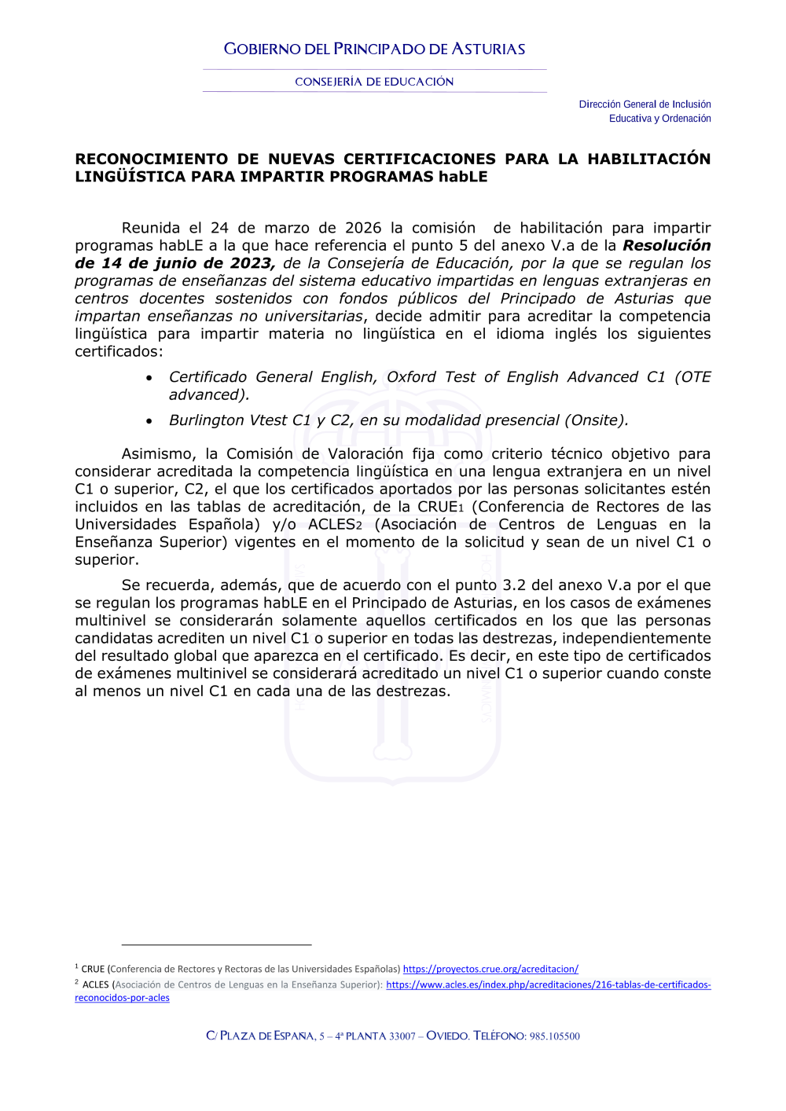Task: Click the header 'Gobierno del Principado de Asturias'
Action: click(x=374, y=49)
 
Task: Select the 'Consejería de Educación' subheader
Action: click(x=374, y=82)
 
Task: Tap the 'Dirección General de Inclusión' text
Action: click(x=645, y=104)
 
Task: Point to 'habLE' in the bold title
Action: click(x=463, y=177)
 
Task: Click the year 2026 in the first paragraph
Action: click(x=363, y=228)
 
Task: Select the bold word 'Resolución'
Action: click(x=667, y=246)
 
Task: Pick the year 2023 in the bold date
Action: click(x=251, y=263)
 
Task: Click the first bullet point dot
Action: click(x=149, y=378)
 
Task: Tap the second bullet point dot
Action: click(x=149, y=421)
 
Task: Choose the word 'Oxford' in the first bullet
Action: click(x=411, y=377)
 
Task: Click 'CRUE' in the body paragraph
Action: click(x=437, y=507)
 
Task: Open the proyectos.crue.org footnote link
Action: click(x=490, y=970)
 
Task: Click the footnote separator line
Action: click(x=216, y=944)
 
